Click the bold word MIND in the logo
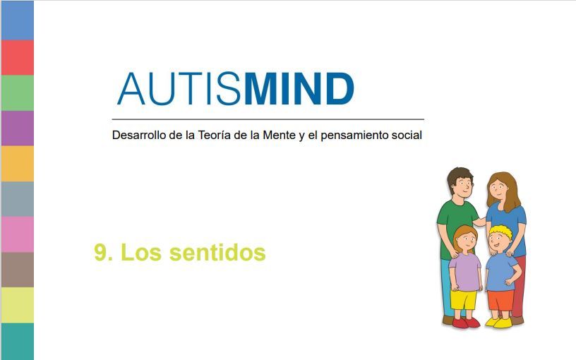coord(299,88)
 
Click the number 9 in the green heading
coord(101,253)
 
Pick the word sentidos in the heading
coord(217,252)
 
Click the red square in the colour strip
coord(17,58)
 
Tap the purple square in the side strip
coord(17,128)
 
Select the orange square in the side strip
coord(17,164)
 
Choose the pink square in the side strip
coord(17,234)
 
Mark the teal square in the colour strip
coord(17,342)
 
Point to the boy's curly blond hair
coord(500,232)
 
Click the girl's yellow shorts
coord(464,300)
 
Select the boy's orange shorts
coord(500,300)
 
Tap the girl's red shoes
coord(466,323)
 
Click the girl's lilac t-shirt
coord(465,272)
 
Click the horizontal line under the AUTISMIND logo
coord(268,119)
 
